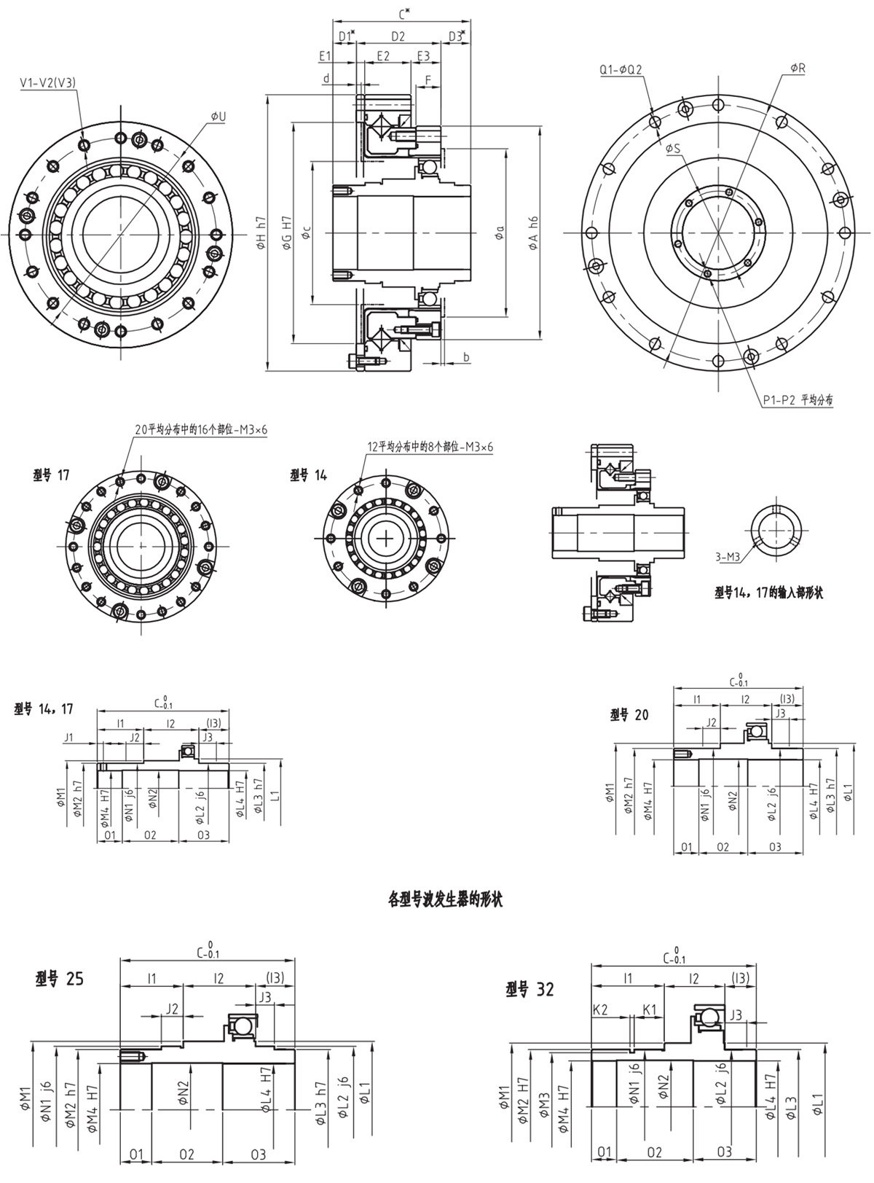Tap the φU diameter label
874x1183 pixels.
(218, 117)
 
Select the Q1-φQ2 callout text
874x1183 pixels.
(621, 70)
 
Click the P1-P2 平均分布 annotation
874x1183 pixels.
(798, 399)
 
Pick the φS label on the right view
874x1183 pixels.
(672, 148)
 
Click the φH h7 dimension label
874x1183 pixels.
(261, 233)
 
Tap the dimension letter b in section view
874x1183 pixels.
(466, 356)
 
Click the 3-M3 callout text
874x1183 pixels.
(728, 558)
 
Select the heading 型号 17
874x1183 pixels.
(52, 475)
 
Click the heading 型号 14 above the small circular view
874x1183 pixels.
(309, 475)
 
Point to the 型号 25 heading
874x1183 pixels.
(59, 979)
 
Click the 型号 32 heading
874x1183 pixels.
(529, 989)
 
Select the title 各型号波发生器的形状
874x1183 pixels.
(445, 899)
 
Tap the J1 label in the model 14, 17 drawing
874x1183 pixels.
(69, 737)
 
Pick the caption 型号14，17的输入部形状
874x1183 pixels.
(768, 593)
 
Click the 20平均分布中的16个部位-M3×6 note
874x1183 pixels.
(201, 430)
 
